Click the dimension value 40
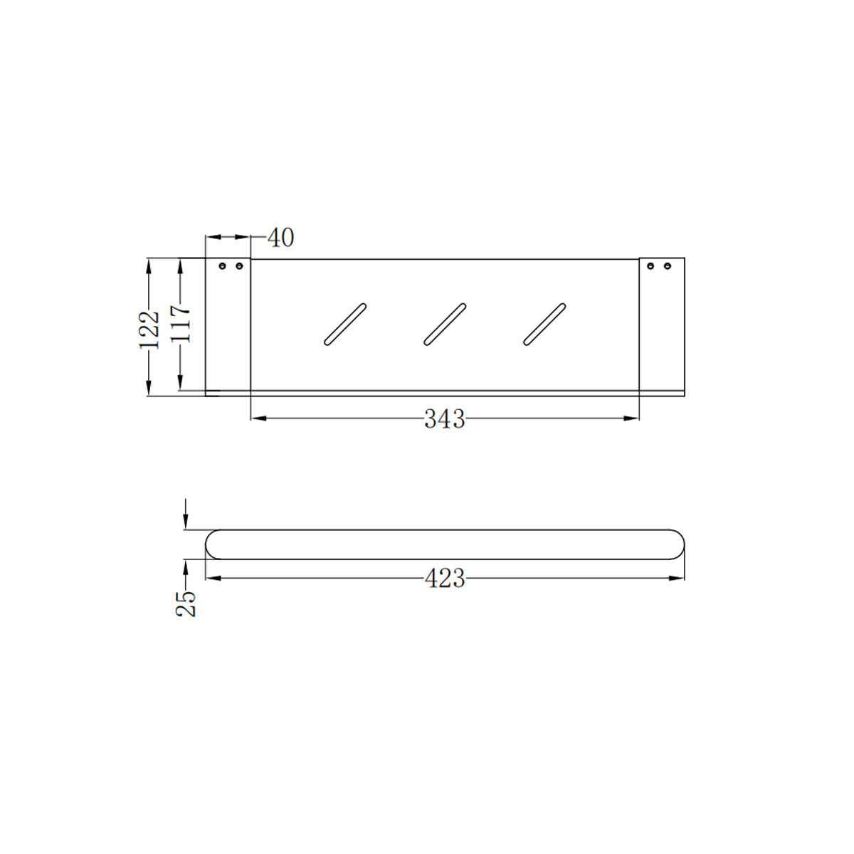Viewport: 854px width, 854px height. point(280,238)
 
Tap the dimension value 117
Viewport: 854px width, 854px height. point(181,323)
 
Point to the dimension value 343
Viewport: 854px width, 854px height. point(445,419)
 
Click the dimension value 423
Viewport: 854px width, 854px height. point(445,579)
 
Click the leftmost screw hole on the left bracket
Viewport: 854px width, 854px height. point(222,266)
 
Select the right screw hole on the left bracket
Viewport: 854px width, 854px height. point(239,266)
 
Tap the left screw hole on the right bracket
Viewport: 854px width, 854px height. point(650,266)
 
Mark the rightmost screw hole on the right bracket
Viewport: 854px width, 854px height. point(668,266)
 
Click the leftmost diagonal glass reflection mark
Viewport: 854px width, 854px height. point(345,325)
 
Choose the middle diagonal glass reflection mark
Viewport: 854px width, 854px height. point(445,325)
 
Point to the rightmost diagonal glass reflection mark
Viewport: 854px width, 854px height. point(544,325)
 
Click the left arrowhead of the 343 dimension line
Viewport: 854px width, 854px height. point(258,418)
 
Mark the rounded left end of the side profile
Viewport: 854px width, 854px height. point(211,544)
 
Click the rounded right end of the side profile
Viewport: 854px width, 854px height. point(679,544)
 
